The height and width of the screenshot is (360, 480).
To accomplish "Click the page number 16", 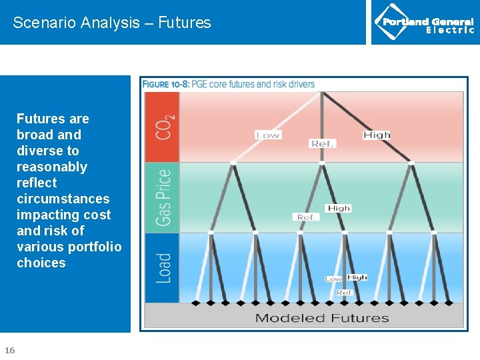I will (x=10, y=350).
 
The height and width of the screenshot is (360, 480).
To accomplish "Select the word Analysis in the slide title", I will (x=108, y=23).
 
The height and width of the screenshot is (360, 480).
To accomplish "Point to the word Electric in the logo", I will (x=450, y=30).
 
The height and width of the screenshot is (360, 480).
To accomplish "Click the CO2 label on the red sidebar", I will (x=164, y=127).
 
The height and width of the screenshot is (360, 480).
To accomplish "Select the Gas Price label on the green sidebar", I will (x=163, y=197).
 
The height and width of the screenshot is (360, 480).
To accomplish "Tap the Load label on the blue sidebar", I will (x=163, y=268).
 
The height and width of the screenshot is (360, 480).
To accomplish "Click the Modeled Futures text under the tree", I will (x=322, y=318).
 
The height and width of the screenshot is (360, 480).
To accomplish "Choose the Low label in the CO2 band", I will (x=268, y=135).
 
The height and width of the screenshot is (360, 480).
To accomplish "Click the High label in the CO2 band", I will (x=377, y=135).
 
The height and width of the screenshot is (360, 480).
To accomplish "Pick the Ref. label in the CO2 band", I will (x=323, y=143).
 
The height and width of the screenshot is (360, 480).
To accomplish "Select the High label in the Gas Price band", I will (x=339, y=208).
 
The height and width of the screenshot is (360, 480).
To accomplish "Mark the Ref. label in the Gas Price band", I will (x=306, y=217).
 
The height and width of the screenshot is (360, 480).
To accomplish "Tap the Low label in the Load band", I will (x=333, y=279).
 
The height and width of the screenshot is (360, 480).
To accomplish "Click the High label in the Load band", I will (x=357, y=277).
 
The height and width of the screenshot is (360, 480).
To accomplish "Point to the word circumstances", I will (x=63, y=199).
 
